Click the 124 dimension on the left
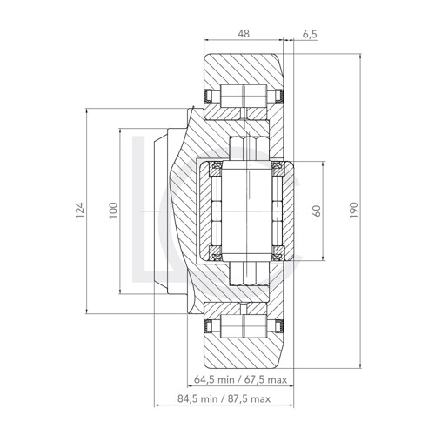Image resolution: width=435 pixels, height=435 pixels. tap(79, 211)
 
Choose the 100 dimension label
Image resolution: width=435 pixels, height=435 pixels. tap(111, 211)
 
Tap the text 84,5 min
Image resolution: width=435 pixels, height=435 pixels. tap(197, 401)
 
